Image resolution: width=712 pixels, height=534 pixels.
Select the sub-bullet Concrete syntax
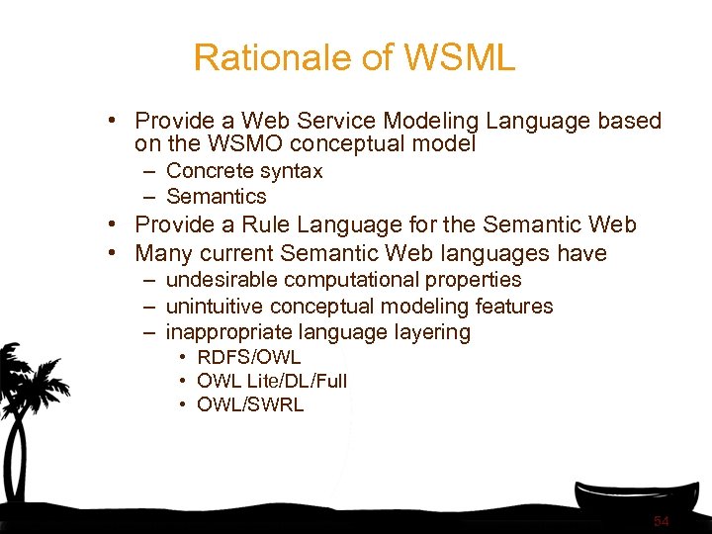click(243, 171)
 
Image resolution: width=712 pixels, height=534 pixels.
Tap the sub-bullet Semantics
click(216, 197)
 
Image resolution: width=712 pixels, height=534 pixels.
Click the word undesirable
click(221, 280)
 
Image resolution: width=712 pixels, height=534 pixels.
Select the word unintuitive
click(215, 307)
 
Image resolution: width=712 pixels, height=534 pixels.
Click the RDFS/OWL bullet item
click(248, 357)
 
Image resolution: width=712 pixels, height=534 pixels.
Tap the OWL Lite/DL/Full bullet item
click(272, 381)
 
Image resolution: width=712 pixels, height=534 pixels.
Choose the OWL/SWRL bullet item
click(250, 404)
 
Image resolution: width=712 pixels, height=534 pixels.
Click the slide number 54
click(662, 520)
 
